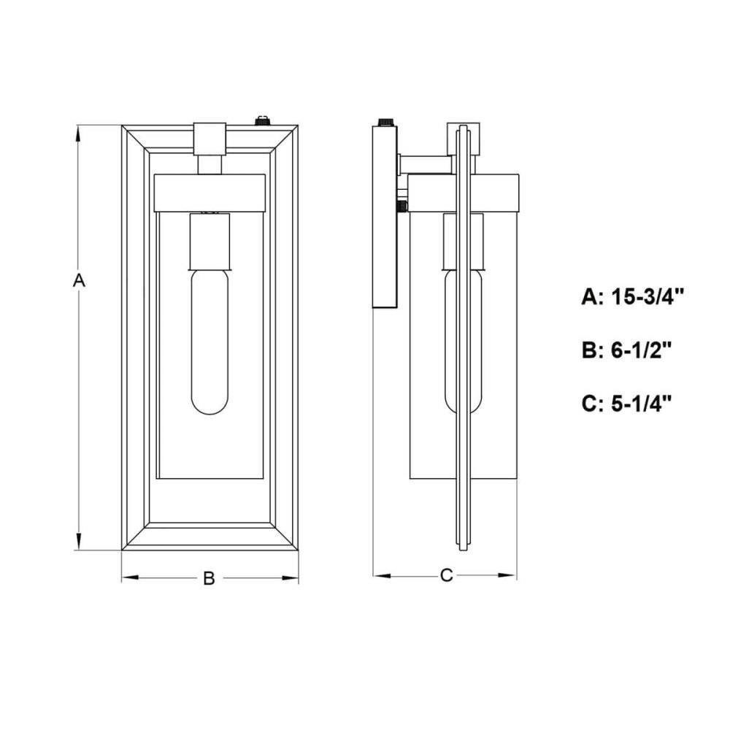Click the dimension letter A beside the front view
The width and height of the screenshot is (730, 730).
coord(79,281)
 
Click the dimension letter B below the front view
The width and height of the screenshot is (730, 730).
coord(209,578)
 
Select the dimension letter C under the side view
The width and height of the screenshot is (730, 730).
coord(446,575)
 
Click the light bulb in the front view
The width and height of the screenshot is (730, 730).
coord(210,342)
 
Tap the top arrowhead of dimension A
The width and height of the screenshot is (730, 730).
coord(79,134)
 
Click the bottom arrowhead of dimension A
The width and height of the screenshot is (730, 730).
coord(79,541)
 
